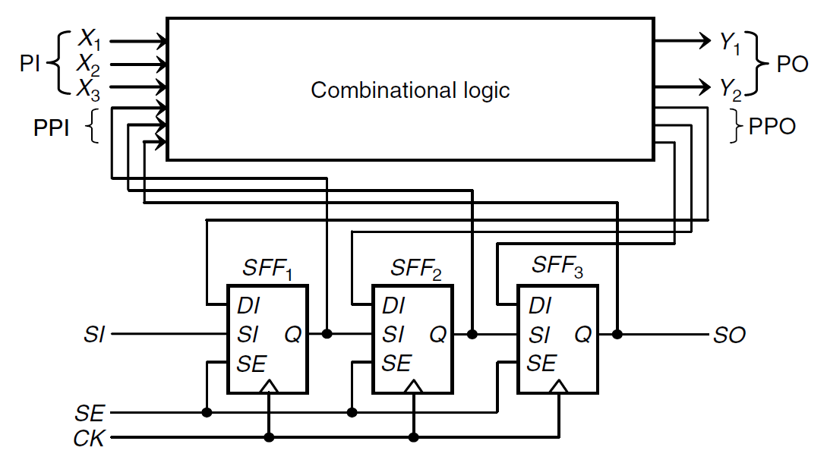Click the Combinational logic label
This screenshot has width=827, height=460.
410,90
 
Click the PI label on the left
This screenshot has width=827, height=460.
30,65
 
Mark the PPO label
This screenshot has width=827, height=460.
772,127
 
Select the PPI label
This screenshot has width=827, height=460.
51,128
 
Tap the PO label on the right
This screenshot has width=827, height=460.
792,65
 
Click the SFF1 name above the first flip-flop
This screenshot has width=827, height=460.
267,268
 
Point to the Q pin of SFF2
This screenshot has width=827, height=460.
438,334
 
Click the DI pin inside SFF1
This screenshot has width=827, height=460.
248,307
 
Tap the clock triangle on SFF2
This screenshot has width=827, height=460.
414,387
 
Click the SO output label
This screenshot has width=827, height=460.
729,335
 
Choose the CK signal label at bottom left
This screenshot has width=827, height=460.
89,439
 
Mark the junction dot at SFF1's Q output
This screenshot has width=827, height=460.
327,334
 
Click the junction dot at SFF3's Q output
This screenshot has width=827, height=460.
617,334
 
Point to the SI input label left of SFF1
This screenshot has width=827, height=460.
94,335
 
